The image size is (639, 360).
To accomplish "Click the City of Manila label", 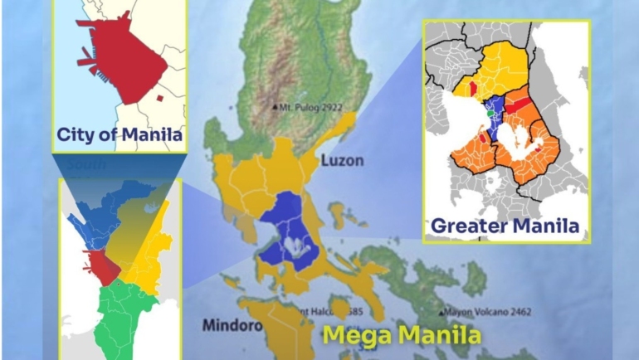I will pos(119,134).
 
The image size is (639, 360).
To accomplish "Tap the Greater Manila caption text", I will pos(505,224).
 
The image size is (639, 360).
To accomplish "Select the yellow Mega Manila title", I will pos(402,336).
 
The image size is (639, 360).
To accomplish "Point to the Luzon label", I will pos(342,160).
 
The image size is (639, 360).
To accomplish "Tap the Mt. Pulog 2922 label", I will pos(311,107).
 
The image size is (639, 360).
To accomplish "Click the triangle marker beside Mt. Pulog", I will pos(276,107).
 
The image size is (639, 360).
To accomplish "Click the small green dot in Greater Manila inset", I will pos(489,114).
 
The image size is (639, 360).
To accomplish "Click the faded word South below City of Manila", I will pos(86,164).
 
